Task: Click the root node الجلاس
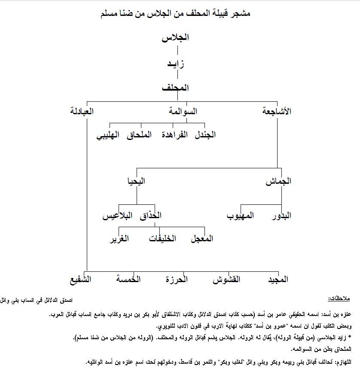(176, 38)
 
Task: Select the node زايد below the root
(176, 64)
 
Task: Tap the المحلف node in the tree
(176, 88)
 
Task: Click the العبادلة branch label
(82, 112)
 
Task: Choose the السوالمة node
(183, 112)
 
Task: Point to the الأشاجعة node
(277, 112)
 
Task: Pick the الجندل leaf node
(206, 135)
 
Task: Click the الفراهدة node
(175, 135)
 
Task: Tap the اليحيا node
(136, 181)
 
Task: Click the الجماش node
(278, 181)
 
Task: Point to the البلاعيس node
(116, 216)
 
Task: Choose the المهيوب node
(241, 216)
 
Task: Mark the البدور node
(282, 216)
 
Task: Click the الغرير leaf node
(120, 239)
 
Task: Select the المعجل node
(202, 239)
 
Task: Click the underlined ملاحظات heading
(340, 298)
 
